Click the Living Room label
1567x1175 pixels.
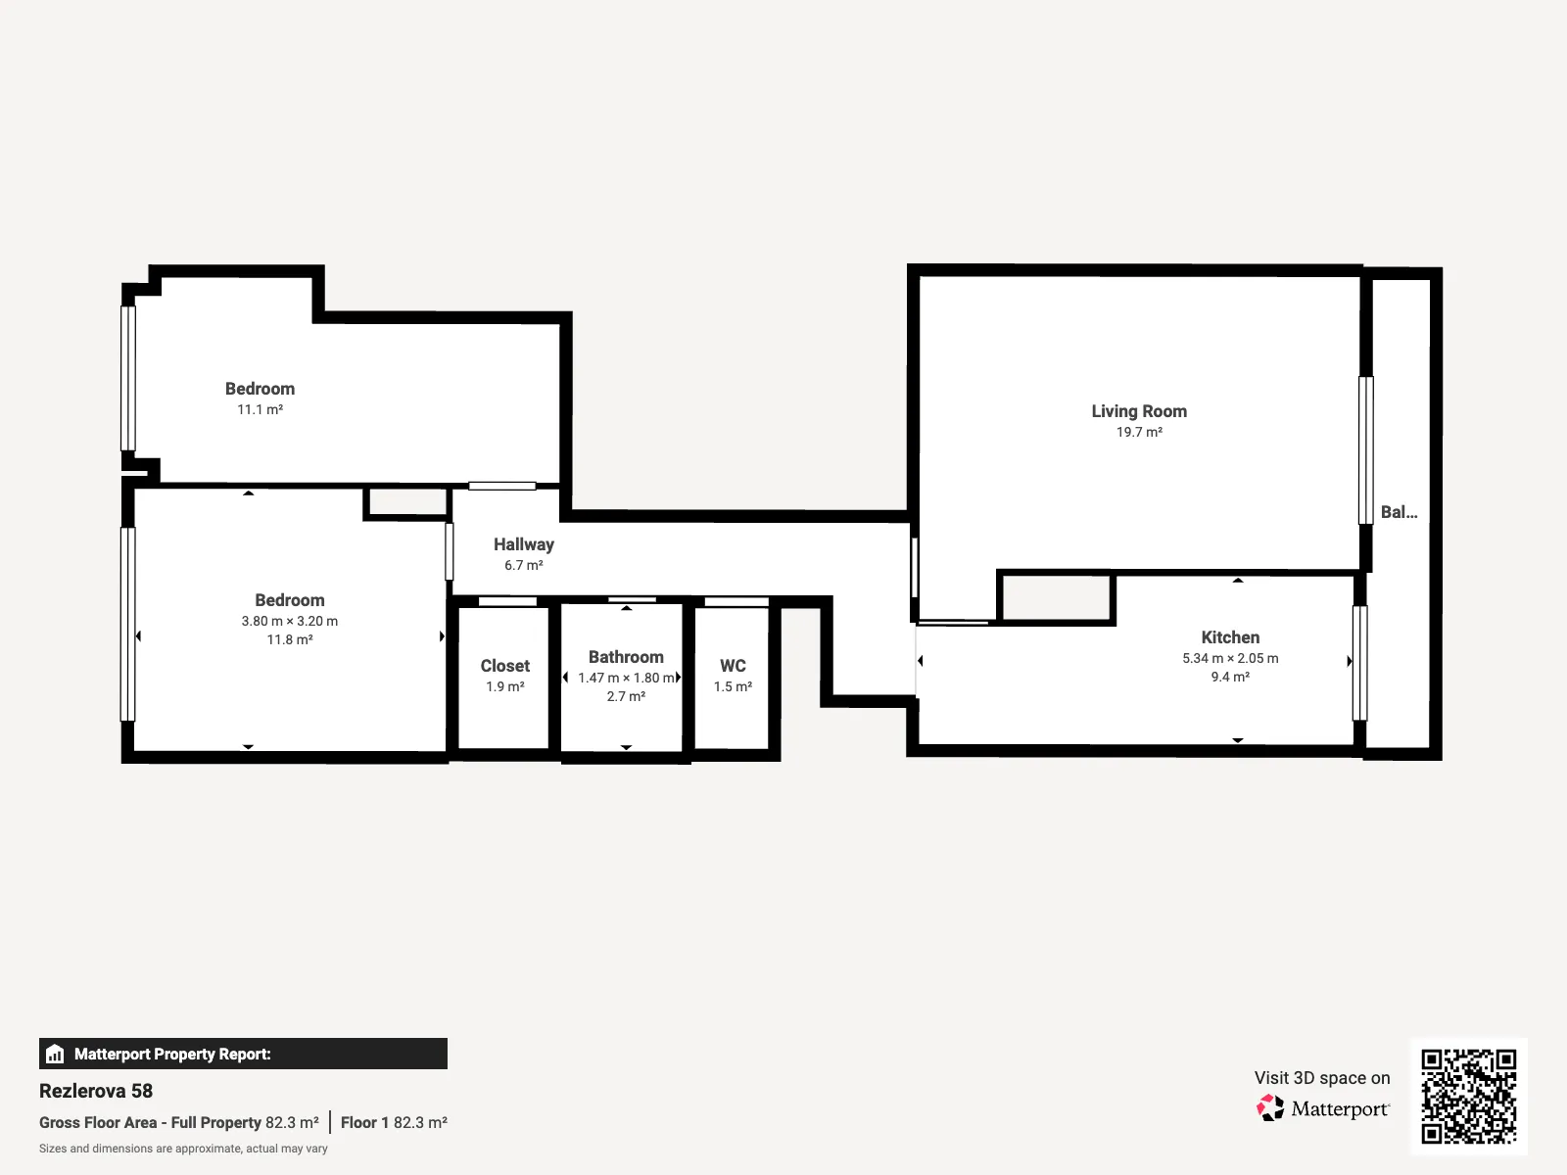coord(1139,411)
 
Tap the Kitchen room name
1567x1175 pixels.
coord(1230,637)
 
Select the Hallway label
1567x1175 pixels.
coord(523,544)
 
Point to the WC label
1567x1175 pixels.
coord(733,666)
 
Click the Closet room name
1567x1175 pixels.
coord(504,666)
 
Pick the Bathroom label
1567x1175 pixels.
coord(626,657)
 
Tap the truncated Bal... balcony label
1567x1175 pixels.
coord(1399,512)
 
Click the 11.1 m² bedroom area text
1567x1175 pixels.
coord(260,409)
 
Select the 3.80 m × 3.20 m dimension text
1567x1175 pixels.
coord(289,621)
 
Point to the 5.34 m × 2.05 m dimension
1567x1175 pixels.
coord(1230,658)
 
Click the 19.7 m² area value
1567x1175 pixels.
coord(1139,433)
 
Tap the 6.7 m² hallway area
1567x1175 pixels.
coord(523,565)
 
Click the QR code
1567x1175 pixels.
coord(1468,1096)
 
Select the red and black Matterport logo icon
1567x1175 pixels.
coord(1270,1108)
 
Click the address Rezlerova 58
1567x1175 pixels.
coord(96,1091)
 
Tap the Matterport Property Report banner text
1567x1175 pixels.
coord(172,1054)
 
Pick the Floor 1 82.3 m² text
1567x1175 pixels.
coord(394,1122)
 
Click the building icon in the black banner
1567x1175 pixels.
coord(55,1054)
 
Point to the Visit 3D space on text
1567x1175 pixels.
coord(1322,1078)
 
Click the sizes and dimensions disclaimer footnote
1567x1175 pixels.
coord(183,1149)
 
